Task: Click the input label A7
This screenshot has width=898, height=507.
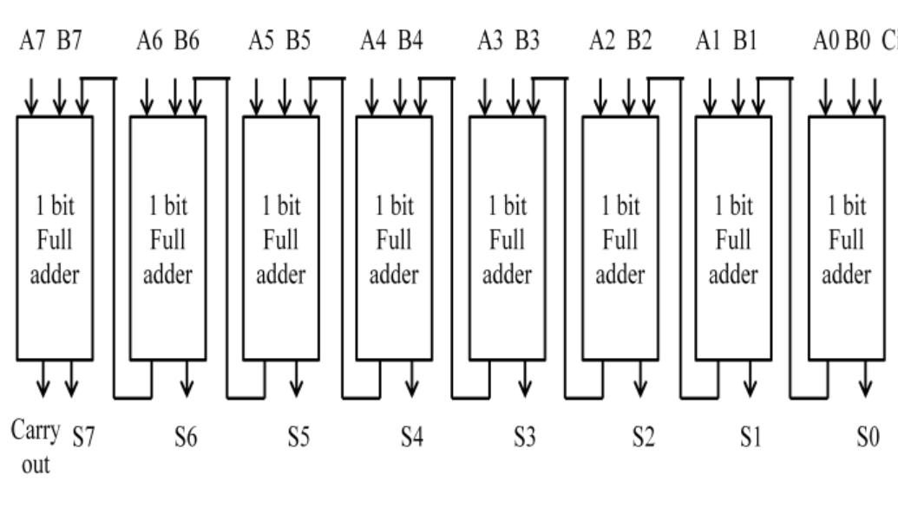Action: (x=32, y=41)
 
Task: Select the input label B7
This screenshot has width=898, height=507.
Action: (x=69, y=41)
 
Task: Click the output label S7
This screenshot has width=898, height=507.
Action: (x=82, y=438)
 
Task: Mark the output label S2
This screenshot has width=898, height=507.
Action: (x=642, y=438)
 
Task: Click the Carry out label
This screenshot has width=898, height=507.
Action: (x=31, y=447)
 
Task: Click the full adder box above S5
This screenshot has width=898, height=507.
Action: (x=280, y=237)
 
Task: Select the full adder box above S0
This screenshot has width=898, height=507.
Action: (x=846, y=237)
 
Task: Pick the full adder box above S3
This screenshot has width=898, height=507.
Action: (x=507, y=237)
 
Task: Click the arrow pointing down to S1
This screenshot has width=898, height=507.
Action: (x=751, y=377)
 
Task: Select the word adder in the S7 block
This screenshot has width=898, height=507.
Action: (x=54, y=275)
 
